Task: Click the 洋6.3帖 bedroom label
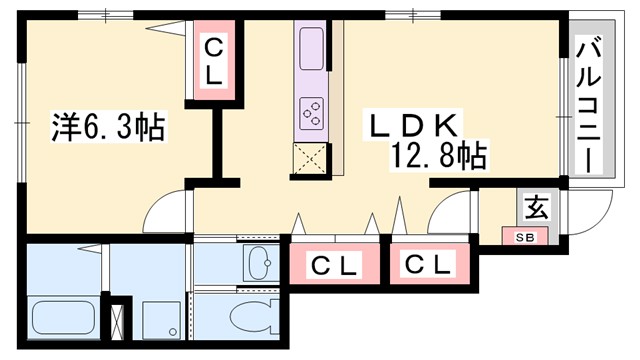[109, 128]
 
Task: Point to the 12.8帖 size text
[446, 156]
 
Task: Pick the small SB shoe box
[524, 237]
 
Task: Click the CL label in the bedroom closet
[213, 61]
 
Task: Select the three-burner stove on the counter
[311, 111]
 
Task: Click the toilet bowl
[251, 318]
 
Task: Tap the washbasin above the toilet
[259, 263]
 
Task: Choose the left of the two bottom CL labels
[333, 267]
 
